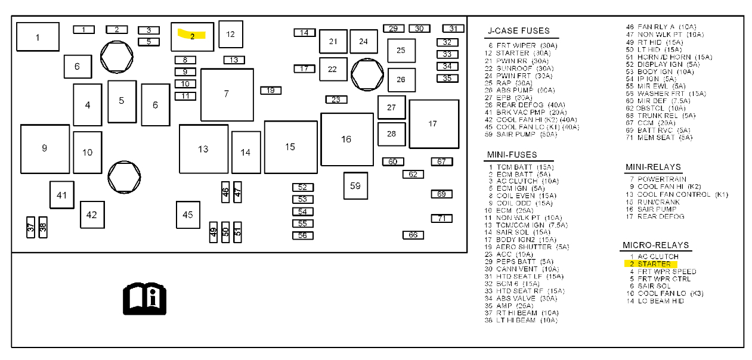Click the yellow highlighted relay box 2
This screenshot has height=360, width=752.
click(192, 36)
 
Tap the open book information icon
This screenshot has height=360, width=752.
click(144, 299)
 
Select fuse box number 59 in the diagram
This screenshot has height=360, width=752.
click(355, 185)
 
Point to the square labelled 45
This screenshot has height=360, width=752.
click(188, 215)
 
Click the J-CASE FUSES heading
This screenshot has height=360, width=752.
click(518, 30)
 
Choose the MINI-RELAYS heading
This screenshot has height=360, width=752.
click(652, 167)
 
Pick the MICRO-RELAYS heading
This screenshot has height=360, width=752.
click(655, 245)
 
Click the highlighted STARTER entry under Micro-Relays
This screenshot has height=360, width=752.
click(654, 264)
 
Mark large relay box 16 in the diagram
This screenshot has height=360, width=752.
click(346, 139)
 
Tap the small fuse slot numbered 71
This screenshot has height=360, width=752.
click(442, 218)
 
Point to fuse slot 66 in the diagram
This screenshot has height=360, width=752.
click(413, 235)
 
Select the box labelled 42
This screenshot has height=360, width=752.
click(92, 215)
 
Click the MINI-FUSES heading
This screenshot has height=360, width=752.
click(512, 155)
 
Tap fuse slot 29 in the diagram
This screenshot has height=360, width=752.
click(394, 29)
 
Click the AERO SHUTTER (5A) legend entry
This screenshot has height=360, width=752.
click(524, 247)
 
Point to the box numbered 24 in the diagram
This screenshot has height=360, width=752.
click(364, 41)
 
